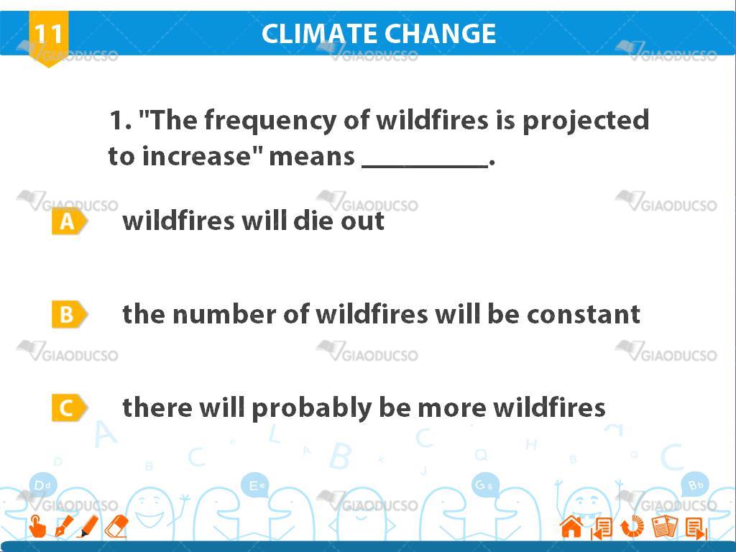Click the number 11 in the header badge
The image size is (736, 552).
pyautogui.click(x=48, y=33)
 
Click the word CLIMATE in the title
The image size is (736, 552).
pyautogui.click(x=319, y=33)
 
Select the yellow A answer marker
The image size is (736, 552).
pyautogui.click(x=68, y=221)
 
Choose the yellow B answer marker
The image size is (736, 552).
pyautogui.click(x=68, y=314)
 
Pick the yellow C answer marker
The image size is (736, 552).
pyautogui.click(x=68, y=408)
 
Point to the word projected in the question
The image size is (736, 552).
pyautogui.click(x=586, y=121)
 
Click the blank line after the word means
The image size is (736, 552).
pyautogui.click(x=425, y=165)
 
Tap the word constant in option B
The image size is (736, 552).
pyautogui.click(x=584, y=314)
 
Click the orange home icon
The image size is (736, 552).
pyautogui.click(x=571, y=526)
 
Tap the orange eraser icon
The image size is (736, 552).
pyautogui.click(x=116, y=526)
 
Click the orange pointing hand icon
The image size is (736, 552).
pyautogui.click(x=37, y=526)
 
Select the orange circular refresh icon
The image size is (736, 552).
pyautogui.click(x=632, y=526)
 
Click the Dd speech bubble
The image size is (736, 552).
pyautogui.click(x=42, y=485)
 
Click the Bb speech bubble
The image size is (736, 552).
pyautogui.click(x=695, y=484)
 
